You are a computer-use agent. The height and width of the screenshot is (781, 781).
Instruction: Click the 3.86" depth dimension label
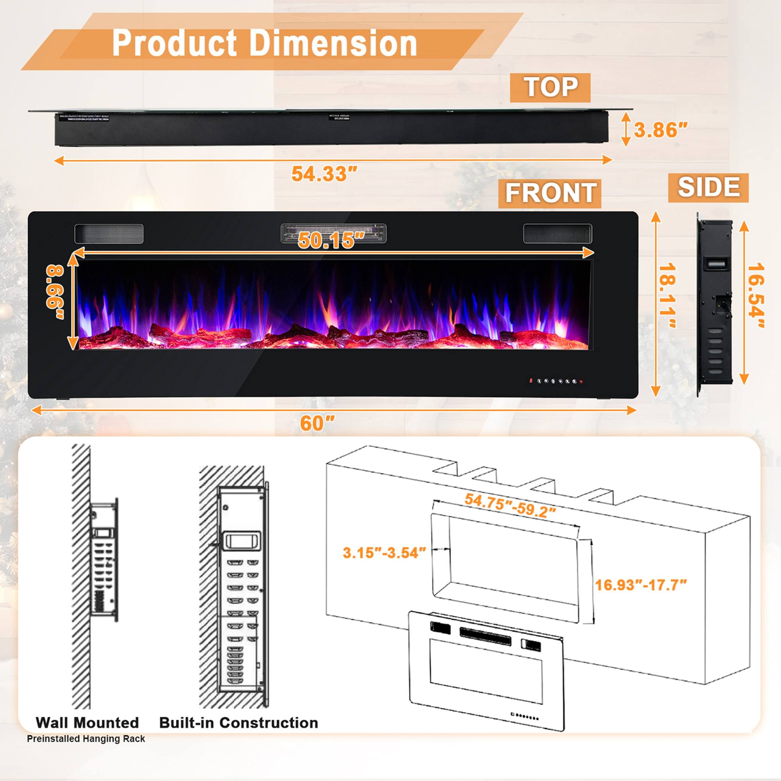pyautogui.click(x=660, y=130)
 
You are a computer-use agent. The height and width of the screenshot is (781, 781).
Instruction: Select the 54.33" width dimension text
pyautogui.click(x=325, y=174)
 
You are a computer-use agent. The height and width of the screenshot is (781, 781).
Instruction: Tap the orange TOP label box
pyautogui.click(x=550, y=87)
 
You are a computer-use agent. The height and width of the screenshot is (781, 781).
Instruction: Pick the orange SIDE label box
pyautogui.click(x=708, y=187)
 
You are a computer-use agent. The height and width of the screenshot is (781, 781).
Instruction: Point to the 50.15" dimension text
pyautogui.click(x=326, y=240)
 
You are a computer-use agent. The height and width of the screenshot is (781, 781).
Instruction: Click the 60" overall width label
pyautogui.click(x=317, y=423)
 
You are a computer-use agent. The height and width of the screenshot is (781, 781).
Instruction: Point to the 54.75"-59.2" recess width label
pyautogui.click(x=510, y=506)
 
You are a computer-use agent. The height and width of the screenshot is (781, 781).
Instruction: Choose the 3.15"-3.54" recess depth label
pyautogui.click(x=384, y=552)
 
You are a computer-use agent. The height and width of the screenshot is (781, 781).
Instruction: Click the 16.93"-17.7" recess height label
pyautogui.click(x=641, y=585)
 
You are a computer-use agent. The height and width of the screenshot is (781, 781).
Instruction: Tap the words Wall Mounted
pyautogui.click(x=87, y=722)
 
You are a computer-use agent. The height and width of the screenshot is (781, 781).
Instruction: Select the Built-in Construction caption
pyautogui.click(x=239, y=722)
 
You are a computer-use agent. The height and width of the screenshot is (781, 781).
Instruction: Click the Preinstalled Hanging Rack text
pyautogui.click(x=86, y=739)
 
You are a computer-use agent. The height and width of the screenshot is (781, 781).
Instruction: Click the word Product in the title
pyautogui.click(x=174, y=43)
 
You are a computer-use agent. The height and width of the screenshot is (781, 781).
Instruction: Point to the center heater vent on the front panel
pyautogui.click(x=333, y=233)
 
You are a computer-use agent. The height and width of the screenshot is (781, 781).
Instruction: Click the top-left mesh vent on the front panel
pyautogui.click(x=109, y=234)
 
